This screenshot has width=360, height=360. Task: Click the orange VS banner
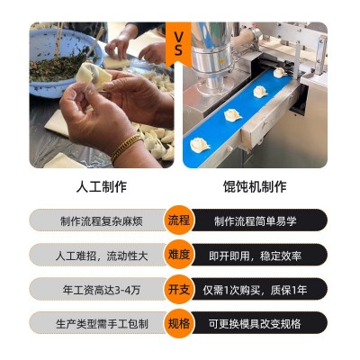pos(178,43)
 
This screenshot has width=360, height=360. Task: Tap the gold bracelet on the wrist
pos(127,148)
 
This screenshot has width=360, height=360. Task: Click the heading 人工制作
pos(102,186)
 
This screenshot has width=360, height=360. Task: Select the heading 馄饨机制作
pos(255,186)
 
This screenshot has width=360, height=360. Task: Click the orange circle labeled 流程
pos(178,220)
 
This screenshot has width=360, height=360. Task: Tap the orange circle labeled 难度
pos(178,255)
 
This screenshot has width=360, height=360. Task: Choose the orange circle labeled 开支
pos(178,289)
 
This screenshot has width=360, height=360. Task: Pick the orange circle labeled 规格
pos(178,323)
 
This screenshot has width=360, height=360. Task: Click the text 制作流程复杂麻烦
pos(102,221)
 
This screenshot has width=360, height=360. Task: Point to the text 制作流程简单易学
pos(256,221)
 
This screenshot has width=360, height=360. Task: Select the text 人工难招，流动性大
pos(102,256)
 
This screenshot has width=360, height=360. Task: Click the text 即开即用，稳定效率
pos(256,256)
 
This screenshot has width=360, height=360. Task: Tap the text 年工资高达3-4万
pos(102,290)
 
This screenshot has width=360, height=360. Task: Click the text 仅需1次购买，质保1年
pos(256,290)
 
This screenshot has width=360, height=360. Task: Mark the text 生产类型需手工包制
pos(102,324)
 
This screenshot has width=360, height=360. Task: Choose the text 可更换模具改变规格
pos(255,324)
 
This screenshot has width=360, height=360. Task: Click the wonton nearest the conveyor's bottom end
pos(200,144)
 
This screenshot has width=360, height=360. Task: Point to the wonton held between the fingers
pos(94,76)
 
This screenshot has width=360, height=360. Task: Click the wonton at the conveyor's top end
pos(280,72)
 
